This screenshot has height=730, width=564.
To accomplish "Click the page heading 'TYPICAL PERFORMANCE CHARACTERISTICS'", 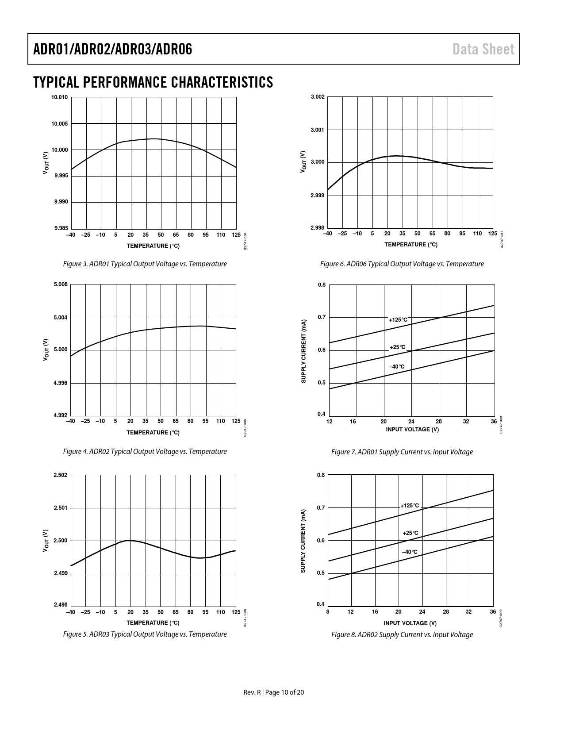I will point(153,82).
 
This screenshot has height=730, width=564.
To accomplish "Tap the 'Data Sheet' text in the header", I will point(483,49).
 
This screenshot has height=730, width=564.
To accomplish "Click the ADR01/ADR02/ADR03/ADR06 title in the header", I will point(113,49).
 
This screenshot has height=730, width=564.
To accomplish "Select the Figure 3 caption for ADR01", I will point(145,264).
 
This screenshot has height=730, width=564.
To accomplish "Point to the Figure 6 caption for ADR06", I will point(402,264).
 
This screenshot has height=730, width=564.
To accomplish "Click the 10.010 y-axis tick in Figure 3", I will point(60,97).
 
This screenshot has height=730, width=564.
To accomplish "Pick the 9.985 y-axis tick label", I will point(61,228).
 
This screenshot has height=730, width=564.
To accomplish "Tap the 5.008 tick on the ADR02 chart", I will point(61,284).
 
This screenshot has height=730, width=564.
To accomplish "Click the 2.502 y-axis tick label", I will point(61,475).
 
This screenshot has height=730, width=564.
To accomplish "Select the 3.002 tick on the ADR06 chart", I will point(318,97).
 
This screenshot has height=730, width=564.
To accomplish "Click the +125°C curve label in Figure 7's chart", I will point(398,320).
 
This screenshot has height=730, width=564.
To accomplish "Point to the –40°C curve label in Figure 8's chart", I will point(410,552).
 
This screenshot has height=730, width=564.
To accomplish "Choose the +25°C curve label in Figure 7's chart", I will point(397,347).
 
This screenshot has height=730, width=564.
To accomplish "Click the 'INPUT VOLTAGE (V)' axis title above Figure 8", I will point(410,623).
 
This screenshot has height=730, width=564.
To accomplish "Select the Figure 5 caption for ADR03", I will point(145,634).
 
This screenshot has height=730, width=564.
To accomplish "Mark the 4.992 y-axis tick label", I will point(61,415).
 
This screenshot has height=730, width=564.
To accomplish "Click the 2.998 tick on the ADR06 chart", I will point(318,227).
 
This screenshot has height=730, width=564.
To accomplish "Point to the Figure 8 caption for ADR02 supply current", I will point(402,635).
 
